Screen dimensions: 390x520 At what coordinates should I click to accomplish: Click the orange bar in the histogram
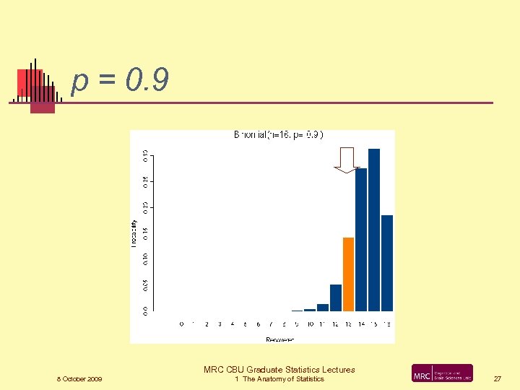[348, 274]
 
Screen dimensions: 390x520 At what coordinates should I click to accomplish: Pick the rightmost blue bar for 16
[387, 263]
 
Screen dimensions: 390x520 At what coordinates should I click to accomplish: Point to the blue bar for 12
[335, 298]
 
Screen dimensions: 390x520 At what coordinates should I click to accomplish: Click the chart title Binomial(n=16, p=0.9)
[278, 134]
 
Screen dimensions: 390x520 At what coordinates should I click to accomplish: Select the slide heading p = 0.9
[121, 82]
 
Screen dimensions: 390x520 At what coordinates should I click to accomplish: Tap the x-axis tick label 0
[181, 324]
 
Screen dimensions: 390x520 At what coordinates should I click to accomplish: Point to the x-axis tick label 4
[233, 324]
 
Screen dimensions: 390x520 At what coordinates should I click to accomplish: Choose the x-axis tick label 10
[310, 324]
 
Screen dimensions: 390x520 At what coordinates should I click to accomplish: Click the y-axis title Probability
[134, 233]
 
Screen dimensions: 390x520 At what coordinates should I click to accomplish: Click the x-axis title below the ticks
[279, 339]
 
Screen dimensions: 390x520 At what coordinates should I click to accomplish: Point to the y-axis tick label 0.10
[144, 258]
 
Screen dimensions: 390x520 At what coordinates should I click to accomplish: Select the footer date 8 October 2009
[79, 379]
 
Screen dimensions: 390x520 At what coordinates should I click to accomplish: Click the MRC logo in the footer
[442, 373]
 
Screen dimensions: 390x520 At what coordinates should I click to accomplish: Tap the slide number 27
[497, 378]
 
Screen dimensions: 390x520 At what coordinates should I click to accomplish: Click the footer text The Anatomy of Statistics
[283, 379]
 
